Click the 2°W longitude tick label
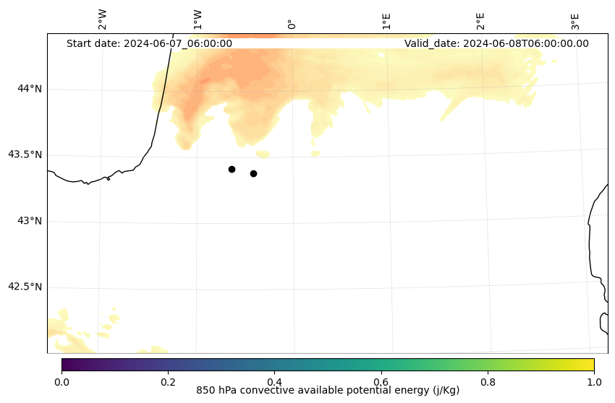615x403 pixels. click(103, 19)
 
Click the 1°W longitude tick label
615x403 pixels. click(198, 19)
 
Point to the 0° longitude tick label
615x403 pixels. click(292, 24)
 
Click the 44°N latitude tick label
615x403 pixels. click(30, 89)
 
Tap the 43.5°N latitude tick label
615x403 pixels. click(25, 155)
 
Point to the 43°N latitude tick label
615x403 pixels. click(30, 221)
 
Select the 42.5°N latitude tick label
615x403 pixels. click(25, 287)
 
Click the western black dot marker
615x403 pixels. click(232, 169)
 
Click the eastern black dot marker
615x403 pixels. click(253, 173)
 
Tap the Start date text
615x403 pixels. click(149, 43)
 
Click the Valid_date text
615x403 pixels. click(496, 43)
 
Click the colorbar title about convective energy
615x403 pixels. click(328, 391)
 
